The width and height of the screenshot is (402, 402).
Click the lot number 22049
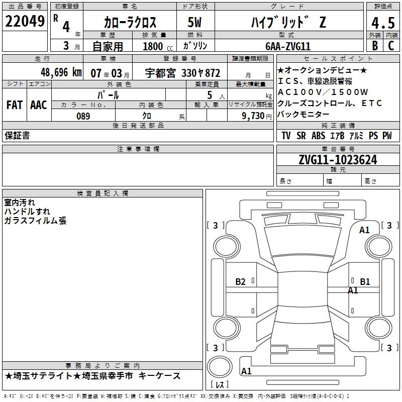[x=25, y=21]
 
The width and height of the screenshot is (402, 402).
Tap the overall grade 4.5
[x=383, y=23]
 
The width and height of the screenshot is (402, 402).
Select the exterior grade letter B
[x=375, y=46]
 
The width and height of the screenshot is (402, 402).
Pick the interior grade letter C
[x=391, y=46]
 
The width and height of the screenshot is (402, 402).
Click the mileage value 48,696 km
[x=61, y=72]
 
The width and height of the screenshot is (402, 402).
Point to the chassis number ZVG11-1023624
[x=338, y=160]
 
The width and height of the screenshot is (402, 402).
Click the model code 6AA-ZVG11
[x=288, y=46]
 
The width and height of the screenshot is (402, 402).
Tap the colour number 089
[x=83, y=116]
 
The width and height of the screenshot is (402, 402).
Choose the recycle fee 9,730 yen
[x=256, y=116]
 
